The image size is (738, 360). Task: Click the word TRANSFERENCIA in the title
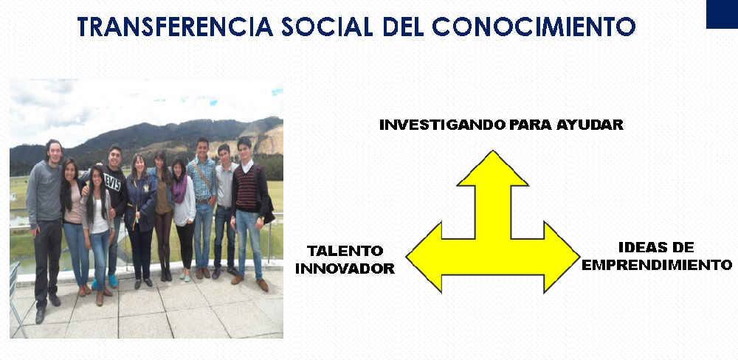point(175,27)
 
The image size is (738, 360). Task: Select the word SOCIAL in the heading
point(328,27)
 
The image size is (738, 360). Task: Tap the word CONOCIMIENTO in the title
point(534,27)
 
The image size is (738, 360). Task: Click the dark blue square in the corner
point(722,14)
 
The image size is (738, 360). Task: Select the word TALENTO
point(345,250)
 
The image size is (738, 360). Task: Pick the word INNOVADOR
point(345,269)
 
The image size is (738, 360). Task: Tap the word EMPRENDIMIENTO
point(657,265)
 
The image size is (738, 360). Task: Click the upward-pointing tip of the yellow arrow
point(492,151)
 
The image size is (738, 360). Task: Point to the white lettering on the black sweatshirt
point(112,182)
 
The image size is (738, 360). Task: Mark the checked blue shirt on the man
point(202,179)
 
